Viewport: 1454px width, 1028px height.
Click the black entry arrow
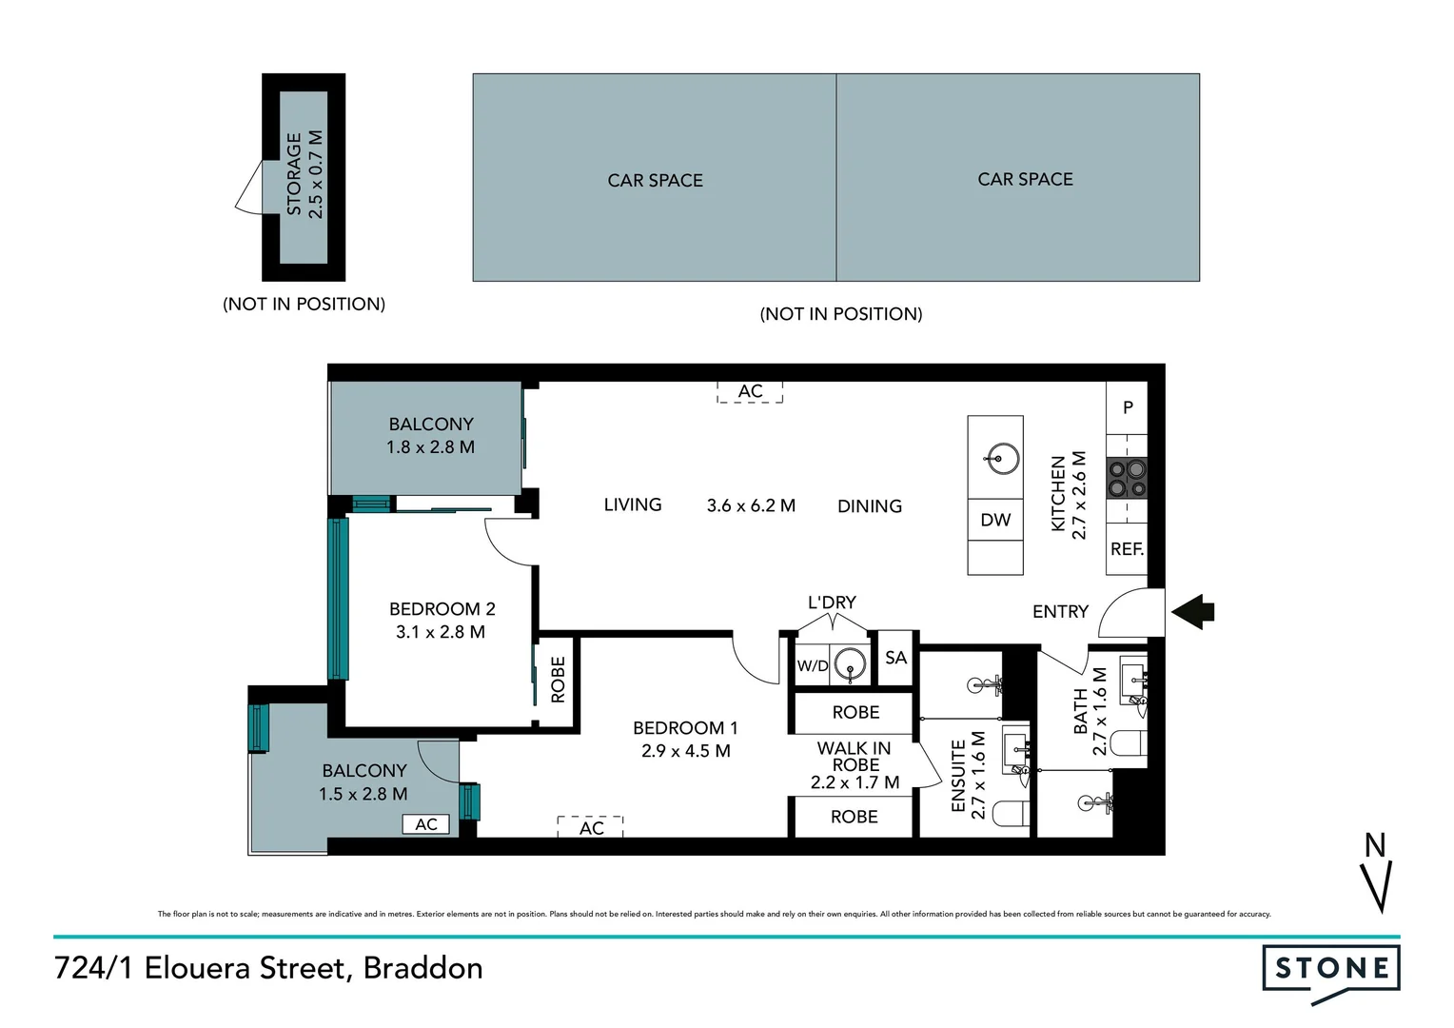pyautogui.click(x=1192, y=611)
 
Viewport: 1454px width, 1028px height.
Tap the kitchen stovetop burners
pyautogui.click(x=1127, y=478)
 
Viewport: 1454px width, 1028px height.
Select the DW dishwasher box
pyautogui.click(x=995, y=520)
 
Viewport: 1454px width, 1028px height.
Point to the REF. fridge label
pyautogui.click(x=1127, y=549)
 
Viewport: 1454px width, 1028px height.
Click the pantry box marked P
pyautogui.click(x=1128, y=407)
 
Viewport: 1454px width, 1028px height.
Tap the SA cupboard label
pyautogui.click(x=895, y=658)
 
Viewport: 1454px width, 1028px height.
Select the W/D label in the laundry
pyautogui.click(x=813, y=666)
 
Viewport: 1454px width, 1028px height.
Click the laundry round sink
pyautogui.click(x=849, y=665)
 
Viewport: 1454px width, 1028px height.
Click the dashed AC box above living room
pyautogui.click(x=750, y=391)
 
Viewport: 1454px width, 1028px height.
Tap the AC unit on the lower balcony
pyautogui.click(x=425, y=824)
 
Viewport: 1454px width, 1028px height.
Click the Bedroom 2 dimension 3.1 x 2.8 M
pyautogui.click(x=441, y=632)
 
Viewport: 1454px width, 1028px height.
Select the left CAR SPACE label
pyautogui.click(x=655, y=181)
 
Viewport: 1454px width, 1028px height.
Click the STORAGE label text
pyautogui.click(x=294, y=174)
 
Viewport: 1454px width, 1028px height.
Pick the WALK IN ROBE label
pyautogui.click(x=855, y=757)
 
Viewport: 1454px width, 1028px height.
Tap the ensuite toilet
pyautogui.click(x=1011, y=813)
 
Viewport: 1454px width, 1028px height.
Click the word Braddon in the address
pyautogui.click(x=423, y=968)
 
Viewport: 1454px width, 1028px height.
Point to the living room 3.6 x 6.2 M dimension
pyautogui.click(x=751, y=506)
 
